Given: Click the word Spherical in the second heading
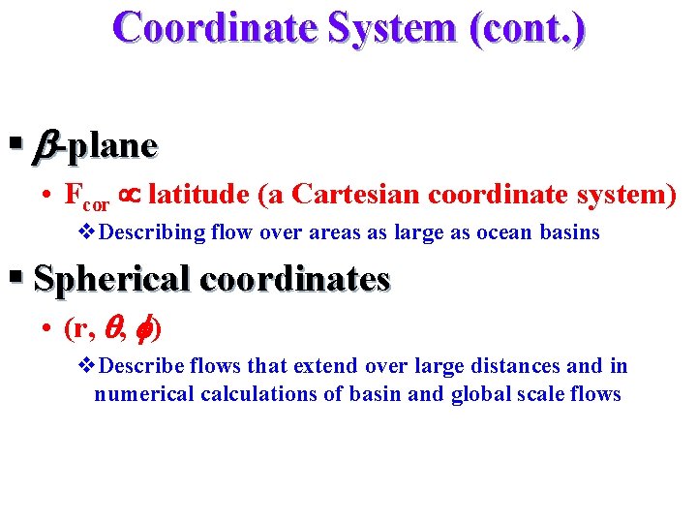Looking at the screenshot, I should [x=111, y=279].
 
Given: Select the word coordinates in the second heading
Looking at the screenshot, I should [x=295, y=279].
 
